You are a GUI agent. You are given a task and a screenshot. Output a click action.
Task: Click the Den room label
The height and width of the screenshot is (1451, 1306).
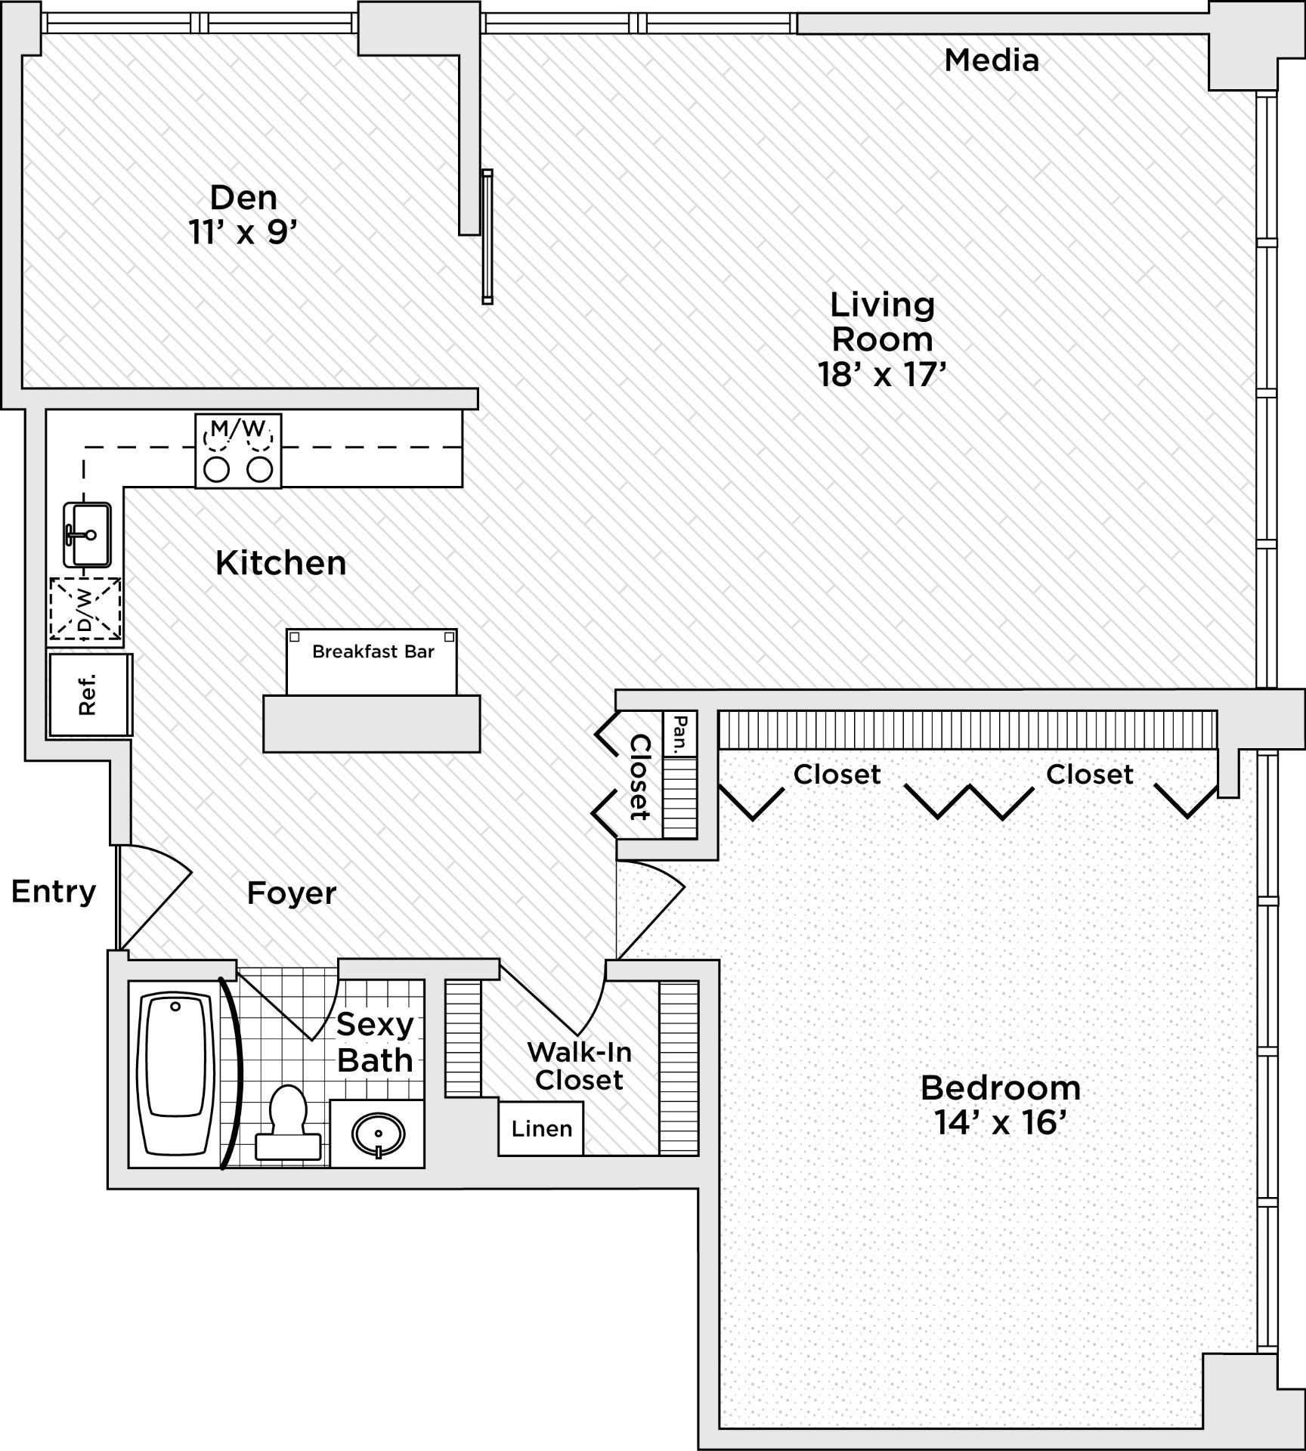[243, 197]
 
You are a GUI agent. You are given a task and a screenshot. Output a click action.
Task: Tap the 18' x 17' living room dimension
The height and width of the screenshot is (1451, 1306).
[882, 374]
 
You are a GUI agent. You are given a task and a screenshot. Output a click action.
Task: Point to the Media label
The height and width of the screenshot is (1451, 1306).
[992, 60]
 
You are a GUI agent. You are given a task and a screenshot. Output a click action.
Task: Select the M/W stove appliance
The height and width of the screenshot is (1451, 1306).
[238, 450]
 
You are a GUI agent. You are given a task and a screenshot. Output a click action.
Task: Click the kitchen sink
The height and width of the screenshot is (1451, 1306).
[87, 534]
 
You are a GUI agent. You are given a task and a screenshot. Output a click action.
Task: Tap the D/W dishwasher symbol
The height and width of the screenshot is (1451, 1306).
[85, 609]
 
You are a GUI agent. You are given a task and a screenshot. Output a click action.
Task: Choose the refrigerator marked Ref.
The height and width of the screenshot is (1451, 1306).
[90, 695]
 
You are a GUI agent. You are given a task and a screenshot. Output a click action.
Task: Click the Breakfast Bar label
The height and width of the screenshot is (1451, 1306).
[373, 651]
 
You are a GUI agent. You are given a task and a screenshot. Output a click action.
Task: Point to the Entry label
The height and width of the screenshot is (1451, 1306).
[54, 892]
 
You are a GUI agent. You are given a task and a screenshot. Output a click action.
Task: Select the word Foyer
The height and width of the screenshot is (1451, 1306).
[292, 893]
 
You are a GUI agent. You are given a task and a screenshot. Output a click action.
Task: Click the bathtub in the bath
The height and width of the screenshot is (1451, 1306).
[175, 1075]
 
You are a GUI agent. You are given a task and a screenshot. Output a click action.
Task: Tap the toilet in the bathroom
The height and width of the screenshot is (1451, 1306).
[288, 1122]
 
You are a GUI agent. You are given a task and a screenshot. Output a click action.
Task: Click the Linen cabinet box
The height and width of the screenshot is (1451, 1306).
[541, 1128]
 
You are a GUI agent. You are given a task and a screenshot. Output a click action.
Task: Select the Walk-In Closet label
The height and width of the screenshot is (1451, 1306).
[579, 1066]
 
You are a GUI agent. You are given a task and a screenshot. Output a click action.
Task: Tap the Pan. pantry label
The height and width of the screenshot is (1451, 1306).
[680, 734]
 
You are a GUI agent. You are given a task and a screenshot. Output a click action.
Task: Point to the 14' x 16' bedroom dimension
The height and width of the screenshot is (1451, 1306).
[1000, 1122]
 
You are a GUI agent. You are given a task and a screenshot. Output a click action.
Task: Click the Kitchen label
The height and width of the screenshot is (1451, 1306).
[281, 563]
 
